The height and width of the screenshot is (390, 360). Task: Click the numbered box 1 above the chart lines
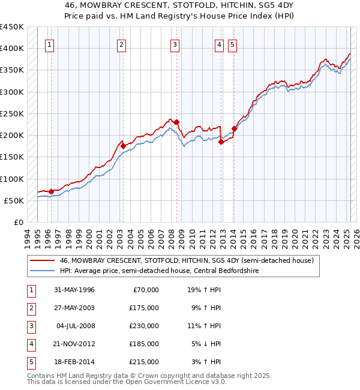pos(49,44)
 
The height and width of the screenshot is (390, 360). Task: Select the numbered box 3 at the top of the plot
pos(174,44)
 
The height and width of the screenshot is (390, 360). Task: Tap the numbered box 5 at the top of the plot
pos(232,44)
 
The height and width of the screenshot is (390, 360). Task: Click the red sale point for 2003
pos(123,146)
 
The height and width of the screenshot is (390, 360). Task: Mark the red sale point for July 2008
pos(177,122)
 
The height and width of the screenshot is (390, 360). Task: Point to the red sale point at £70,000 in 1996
pos(51,191)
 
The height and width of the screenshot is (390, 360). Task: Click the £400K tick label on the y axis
pos(11,49)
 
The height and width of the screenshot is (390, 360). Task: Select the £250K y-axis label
pos(11,113)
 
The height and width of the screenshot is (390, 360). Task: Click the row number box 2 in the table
pos(29,308)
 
